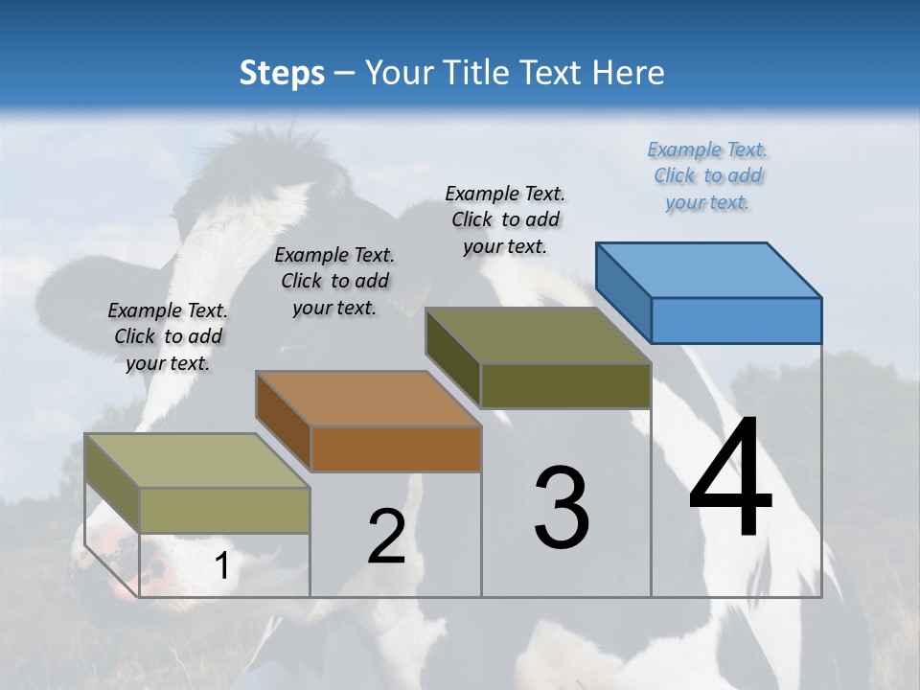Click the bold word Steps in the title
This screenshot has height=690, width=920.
282,73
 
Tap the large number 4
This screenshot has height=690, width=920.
730,479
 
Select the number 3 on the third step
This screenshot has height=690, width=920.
562,508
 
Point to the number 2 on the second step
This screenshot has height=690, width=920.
386,538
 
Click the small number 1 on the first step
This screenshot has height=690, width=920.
221,566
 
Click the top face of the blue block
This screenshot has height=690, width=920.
709,269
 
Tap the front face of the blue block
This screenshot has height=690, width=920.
736,320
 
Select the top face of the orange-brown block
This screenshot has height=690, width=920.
369,399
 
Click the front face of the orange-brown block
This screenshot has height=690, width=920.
396,448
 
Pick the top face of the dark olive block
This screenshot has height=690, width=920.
539,335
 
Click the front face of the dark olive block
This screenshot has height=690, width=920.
565,385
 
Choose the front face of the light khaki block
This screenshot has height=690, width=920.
225,510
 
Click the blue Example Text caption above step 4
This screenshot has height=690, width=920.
707,175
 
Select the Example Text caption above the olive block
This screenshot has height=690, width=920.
505,219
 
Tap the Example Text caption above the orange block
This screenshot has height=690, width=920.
334,281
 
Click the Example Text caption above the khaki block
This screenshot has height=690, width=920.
168,336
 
